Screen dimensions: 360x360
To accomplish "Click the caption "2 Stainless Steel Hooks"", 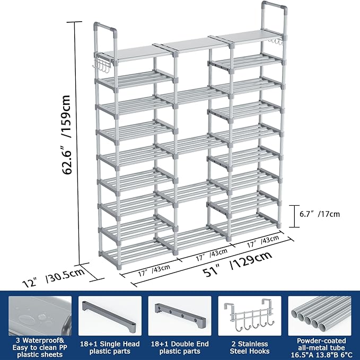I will click(249, 347).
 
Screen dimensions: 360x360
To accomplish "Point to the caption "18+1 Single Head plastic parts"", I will click(110, 347).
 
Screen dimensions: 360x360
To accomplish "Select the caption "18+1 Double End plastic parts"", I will click(180, 347).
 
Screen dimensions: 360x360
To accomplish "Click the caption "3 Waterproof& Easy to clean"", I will click(40, 347).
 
